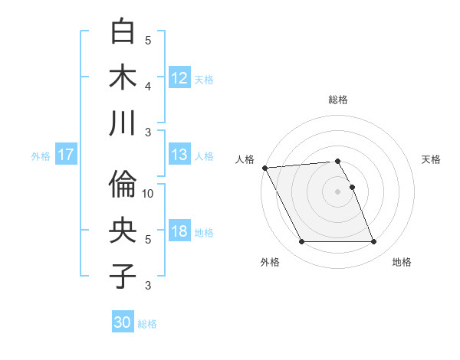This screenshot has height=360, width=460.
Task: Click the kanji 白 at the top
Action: pos(123,32)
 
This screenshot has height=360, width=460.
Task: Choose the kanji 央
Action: pos(123,231)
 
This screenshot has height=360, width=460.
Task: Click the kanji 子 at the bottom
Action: pos(123,276)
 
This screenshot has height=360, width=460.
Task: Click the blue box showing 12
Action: pos(179,77)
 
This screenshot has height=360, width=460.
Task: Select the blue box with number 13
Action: pos(179,155)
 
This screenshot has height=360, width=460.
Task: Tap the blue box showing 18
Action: pos(179,232)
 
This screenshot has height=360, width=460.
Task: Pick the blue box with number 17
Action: pos(66,155)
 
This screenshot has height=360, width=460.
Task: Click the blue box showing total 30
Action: pos(123,322)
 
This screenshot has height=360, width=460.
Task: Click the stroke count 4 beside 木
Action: pos(148,86)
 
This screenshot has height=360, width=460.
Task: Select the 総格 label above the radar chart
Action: pos(338,100)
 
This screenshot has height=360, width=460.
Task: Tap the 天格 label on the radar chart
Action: pos(431,159)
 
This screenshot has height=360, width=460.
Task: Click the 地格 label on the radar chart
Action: pos(402,262)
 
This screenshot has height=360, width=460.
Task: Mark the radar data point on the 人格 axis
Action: pos(264,167)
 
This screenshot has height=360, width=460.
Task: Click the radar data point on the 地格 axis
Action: pos(373,242)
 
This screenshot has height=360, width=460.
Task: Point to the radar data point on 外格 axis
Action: pos(301,242)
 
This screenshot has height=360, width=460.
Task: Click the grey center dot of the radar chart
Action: pos(337,191)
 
